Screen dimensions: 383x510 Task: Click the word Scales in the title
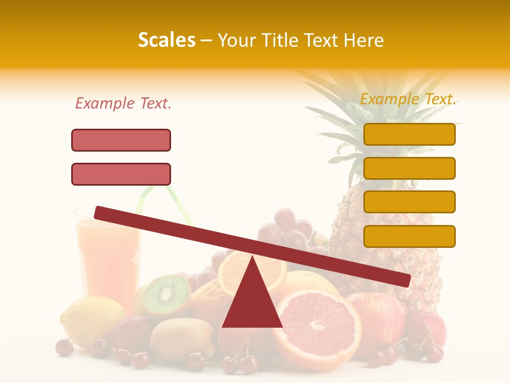click(166, 40)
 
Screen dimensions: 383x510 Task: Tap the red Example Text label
click(123, 104)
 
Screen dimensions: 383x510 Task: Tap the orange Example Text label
click(408, 99)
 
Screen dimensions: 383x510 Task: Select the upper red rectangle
click(121, 140)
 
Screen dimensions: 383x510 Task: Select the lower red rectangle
click(121, 174)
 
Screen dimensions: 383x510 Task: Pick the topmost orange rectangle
click(410, 134)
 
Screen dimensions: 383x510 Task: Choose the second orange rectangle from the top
click(410, 168)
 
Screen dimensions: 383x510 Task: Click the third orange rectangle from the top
click(410, 202)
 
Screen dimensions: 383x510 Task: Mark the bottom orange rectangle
click(410, 236)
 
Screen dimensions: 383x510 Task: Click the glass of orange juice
click(106, 255)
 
